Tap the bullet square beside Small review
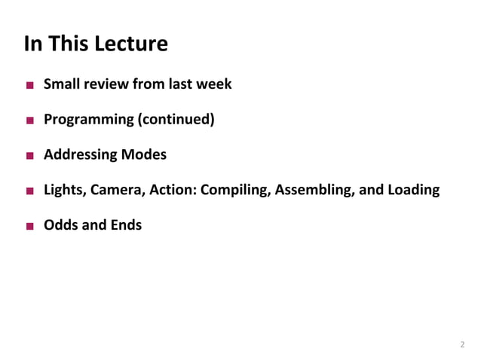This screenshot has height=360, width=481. coord(29,85)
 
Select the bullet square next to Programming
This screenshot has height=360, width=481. coord(29,121)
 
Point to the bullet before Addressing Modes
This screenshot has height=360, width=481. coord(29,156)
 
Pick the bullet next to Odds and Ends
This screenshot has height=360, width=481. coord(29,226)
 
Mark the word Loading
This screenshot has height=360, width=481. coord(412,190)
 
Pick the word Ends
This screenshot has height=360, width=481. coord(124,224)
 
